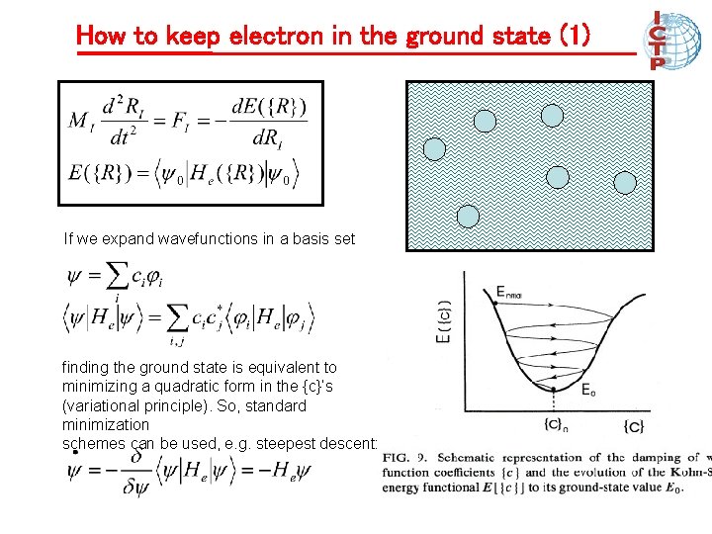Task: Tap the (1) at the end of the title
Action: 575,37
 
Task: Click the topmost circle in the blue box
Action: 552,116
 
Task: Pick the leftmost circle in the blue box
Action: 435,149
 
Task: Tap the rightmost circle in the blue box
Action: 625,183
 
